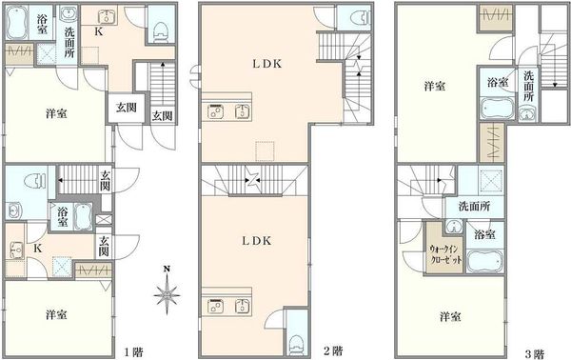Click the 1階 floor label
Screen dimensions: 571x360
(x=133, y=352)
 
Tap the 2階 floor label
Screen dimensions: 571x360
(x=333, y=350)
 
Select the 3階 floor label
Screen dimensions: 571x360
(x=535, y=353)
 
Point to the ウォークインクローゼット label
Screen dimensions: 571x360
(x=445, y=254)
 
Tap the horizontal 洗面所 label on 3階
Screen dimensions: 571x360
(x=474, y=207)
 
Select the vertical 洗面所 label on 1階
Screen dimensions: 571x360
(x=69, y=42)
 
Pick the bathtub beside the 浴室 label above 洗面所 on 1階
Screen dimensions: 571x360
(x=17, y=22)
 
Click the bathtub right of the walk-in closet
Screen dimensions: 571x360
(x=484, y=262)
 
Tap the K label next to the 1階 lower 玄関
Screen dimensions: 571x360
(x=37, y=249)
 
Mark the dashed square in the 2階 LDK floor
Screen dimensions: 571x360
(x=265, y=150)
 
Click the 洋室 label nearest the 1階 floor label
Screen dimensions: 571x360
(x=56, y=314)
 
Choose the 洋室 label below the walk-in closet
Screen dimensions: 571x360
(x=450, y=316)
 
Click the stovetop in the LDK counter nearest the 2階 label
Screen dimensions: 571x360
(x=215, y=307)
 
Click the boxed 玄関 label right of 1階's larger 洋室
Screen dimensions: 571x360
(x=127, y=108)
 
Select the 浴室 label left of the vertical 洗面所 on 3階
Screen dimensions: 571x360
(x=498, y=82)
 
